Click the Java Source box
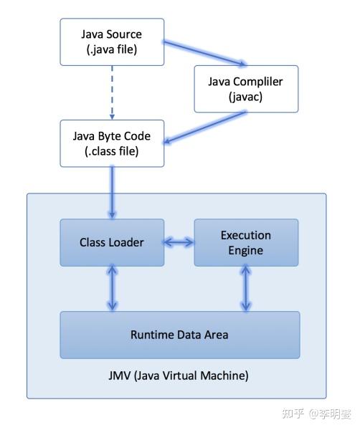pos(111,41)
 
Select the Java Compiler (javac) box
pos(245,90)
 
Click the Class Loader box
pos(111,242)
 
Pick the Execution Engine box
pos(245,242)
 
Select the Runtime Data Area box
pos(179,335)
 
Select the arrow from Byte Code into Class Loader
pos(111,189)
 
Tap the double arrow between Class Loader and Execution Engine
pos(179,242)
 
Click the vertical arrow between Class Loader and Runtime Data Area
pos(111,288)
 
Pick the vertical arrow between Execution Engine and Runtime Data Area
pos(246,288)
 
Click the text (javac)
pos(245,97)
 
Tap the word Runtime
pos(151,335)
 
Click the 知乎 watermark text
pos(293,414)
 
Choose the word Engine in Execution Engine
pos(245,250)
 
